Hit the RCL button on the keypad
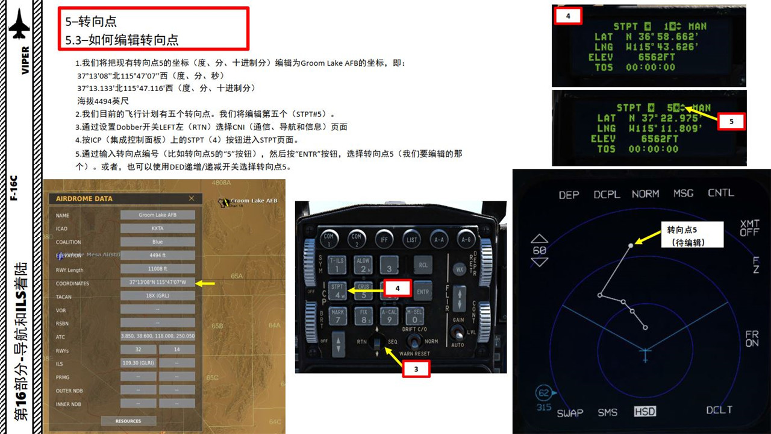(x=423, y=264)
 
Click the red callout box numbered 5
(x=731, y=121)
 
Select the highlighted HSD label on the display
(x=645, y=412)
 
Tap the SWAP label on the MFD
(x=570, y=413)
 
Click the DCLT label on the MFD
(x=719, y=410)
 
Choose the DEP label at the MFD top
(x=569, y=195)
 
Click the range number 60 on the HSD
(x=540, y=250)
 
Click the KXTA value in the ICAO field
(x=157, y=228)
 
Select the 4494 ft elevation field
(x=157, y=255)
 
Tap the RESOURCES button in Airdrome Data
(x=128, y=421)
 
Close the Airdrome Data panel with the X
(x=192, y=198)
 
